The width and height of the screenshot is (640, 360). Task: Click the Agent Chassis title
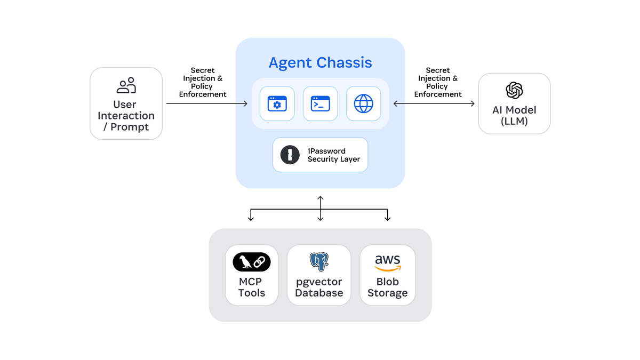coord(320,62)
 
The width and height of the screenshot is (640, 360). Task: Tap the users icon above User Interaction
coord(126,85)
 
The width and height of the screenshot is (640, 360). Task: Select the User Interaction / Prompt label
coord(126,116)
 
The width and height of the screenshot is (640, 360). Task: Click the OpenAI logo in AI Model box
coord(514,90)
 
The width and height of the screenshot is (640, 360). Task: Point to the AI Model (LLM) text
coord(514,116)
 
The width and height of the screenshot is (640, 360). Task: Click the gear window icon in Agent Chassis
coord(277,103)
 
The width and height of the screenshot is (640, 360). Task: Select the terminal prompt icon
coord(320,103)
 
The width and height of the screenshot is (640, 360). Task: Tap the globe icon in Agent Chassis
coord(363,103)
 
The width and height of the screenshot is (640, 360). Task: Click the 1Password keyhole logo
coord(290,155)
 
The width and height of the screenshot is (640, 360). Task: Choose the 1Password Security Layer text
coord(333,155)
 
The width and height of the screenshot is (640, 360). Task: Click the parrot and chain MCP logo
coord(252,261)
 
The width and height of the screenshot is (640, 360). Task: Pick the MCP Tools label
coord(252,287)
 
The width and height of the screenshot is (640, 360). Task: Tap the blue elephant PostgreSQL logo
coord(319,261)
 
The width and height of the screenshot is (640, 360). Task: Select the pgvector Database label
coord(319,287)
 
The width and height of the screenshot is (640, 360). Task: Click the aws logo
coord(388,261)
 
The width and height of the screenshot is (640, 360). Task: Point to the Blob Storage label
coord(388,287)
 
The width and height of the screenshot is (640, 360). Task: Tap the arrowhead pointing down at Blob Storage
coord(388,218)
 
